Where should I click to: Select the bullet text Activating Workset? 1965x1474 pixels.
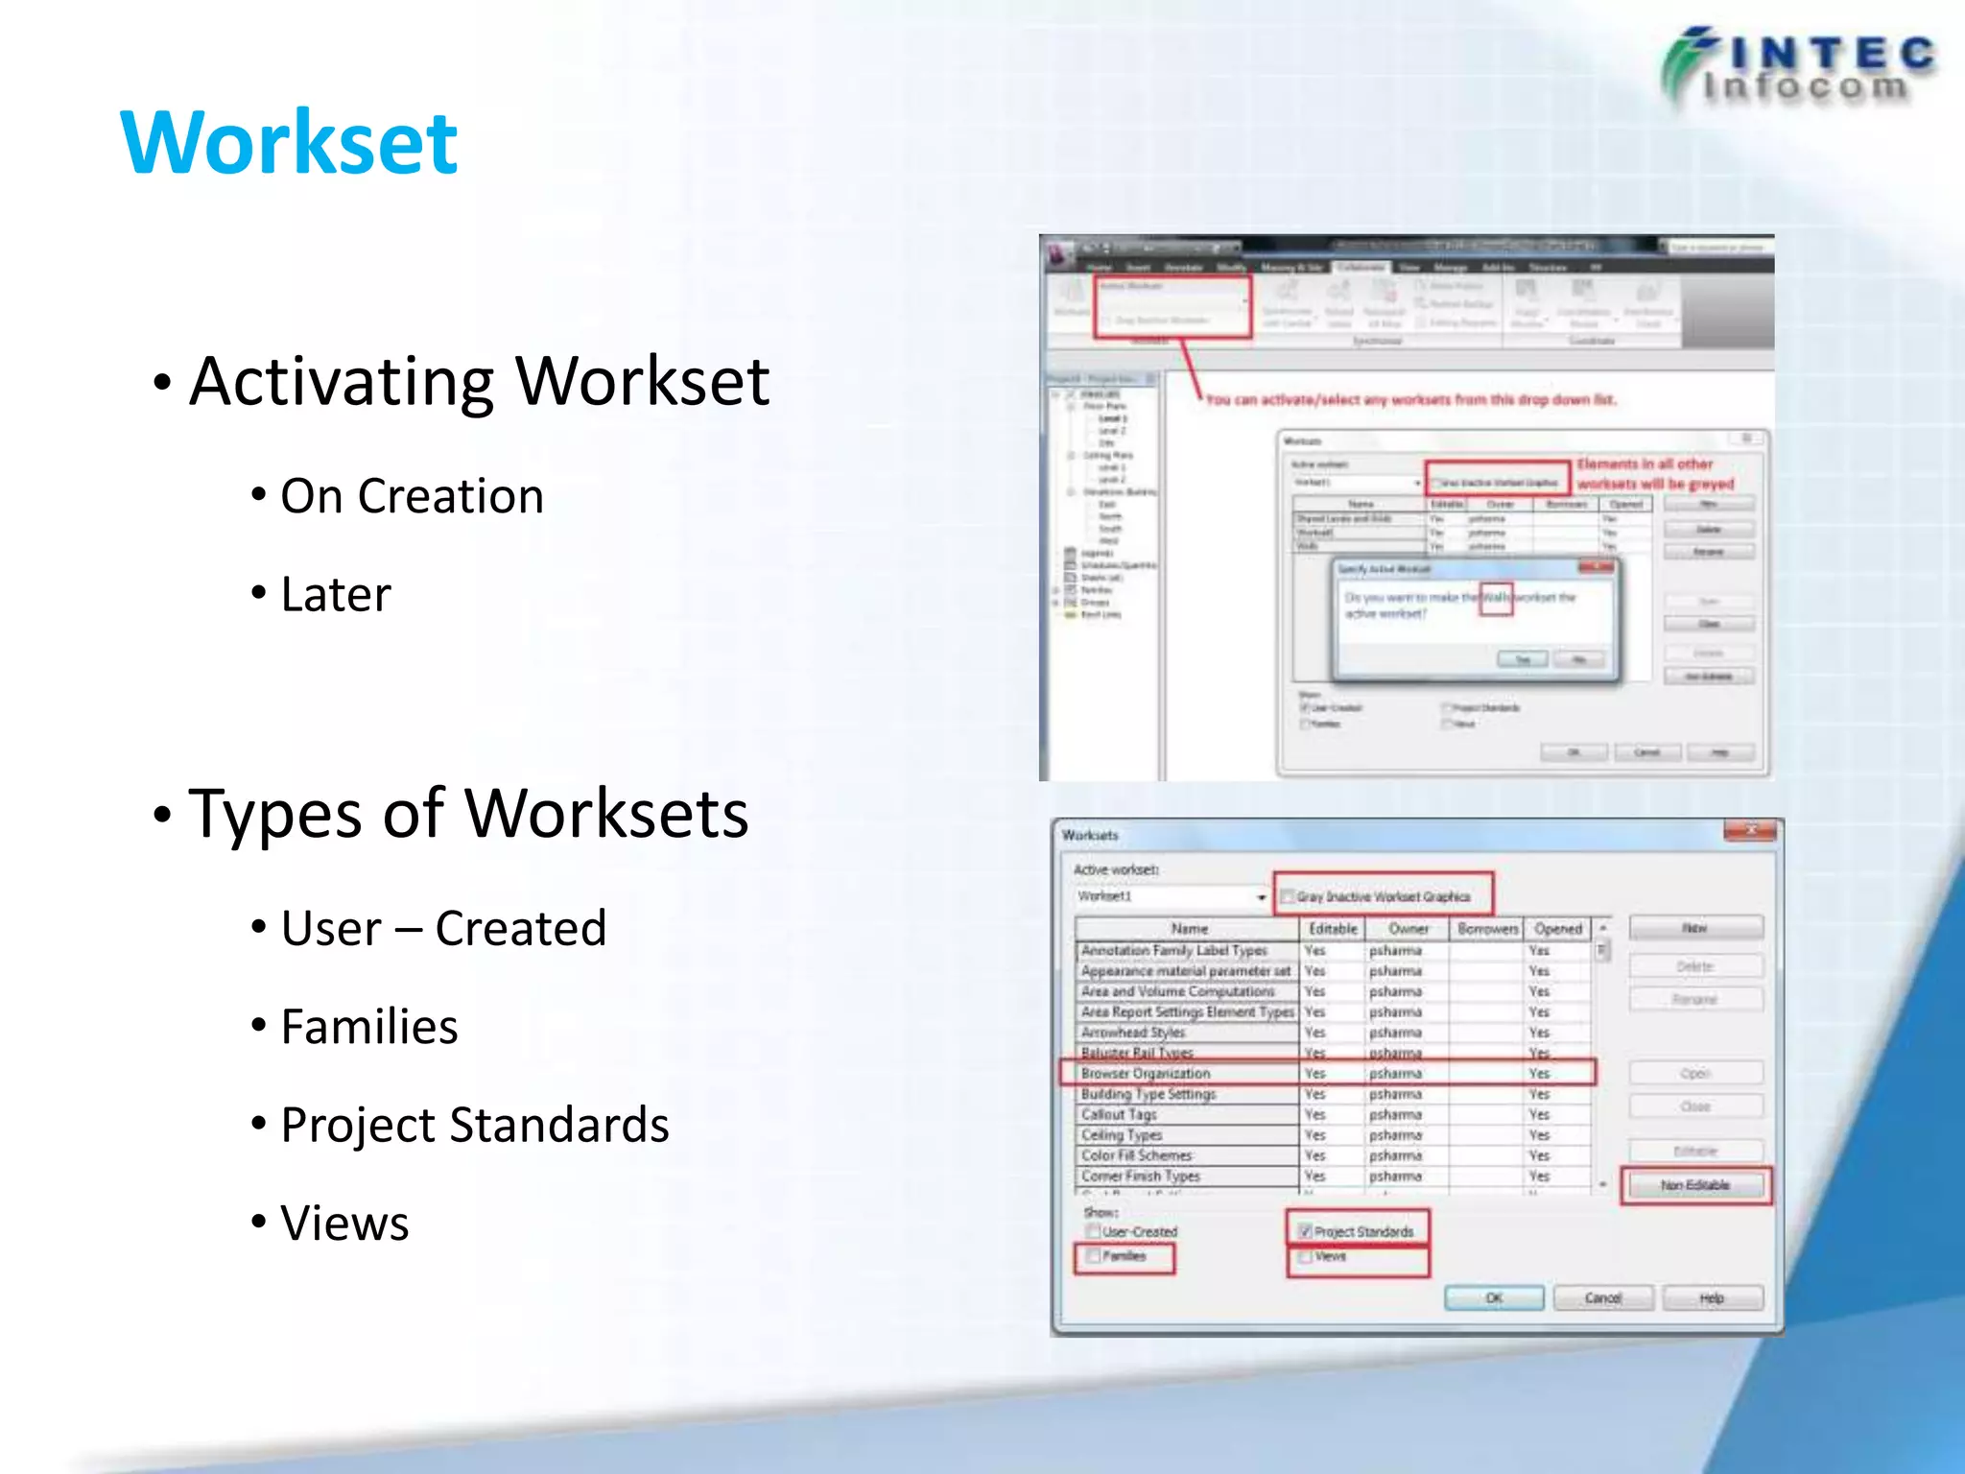coord(479,381)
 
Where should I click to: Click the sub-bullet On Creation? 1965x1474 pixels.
coord(412,496)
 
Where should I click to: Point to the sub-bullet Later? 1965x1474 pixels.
coord(336,594)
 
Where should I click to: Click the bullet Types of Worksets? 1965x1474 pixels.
coord(468,814)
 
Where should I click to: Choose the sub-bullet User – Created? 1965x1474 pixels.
coord(443,928)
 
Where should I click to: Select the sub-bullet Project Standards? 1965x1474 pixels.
coord(474,1125)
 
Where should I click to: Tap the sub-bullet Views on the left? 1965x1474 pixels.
coord(344,1224)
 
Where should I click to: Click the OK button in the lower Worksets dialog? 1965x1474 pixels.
coord(1494,1298)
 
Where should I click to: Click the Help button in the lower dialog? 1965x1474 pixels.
coord(1712,1298)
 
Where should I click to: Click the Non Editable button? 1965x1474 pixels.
coord(1695,1185)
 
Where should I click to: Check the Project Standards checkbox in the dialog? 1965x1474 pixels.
coord(1305,1231)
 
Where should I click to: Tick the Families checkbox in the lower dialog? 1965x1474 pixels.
coord(1093,1255)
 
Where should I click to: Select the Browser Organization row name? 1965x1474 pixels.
coord(1146,1073)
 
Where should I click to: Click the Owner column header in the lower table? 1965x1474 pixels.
coord(1408,929)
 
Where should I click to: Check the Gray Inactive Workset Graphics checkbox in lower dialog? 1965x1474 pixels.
coord(1288,896)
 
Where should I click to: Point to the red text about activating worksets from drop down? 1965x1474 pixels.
coord(1410,399)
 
